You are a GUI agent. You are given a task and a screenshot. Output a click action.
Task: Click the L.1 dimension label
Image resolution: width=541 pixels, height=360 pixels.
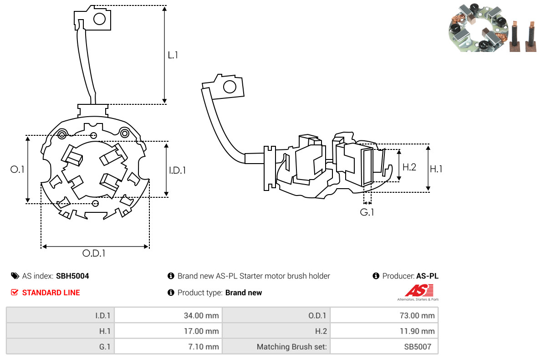pos(173,55)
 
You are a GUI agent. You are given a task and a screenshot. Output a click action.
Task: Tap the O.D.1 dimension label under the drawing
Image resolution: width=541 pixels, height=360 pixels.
pos(94,253)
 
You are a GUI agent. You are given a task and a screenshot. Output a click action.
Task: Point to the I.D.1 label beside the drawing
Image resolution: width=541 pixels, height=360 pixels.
pos(178,170)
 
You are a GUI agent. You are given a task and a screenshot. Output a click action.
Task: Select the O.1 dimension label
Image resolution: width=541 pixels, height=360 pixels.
pos(17,170)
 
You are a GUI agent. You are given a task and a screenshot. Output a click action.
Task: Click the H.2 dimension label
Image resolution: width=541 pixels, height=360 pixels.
pos(409,167)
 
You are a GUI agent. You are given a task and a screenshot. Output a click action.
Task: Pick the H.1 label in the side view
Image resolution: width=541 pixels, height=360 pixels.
pos(436,169)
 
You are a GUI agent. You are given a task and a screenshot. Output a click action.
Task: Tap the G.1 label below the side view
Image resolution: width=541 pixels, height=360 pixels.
pos(367,212)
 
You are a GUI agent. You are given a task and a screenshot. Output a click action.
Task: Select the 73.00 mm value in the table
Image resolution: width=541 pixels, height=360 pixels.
pos(419,315)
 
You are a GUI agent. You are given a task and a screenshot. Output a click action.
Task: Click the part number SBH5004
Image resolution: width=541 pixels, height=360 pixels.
pos(72,276)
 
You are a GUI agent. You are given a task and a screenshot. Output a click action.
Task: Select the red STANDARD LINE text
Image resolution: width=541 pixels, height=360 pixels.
pos(51,293)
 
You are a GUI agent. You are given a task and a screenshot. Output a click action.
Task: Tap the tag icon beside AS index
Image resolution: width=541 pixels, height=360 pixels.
pos(15,276)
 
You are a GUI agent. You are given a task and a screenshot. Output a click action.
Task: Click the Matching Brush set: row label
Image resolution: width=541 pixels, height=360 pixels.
pos(292,347)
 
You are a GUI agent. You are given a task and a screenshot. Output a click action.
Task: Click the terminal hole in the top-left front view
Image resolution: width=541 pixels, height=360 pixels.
pos(99,19)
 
